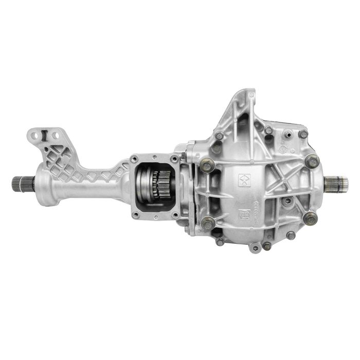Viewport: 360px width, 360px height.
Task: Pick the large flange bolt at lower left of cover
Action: (207, 222)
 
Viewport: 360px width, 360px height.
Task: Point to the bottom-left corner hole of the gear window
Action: (135, 215)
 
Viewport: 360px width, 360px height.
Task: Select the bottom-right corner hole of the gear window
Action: (176, 214)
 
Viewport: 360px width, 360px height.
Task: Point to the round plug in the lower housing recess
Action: (288, 200)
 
